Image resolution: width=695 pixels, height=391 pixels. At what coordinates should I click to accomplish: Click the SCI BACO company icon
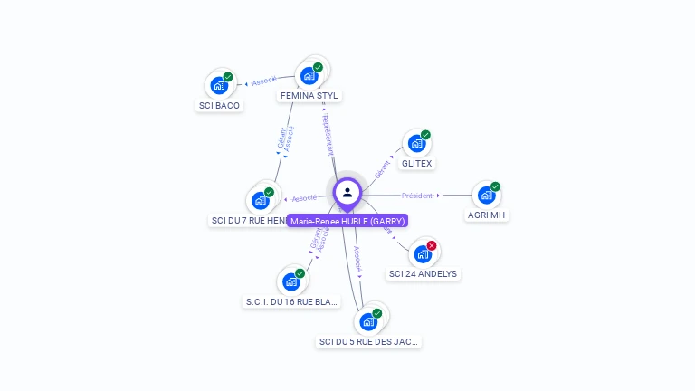218,85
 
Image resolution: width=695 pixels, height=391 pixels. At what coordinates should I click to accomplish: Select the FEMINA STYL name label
310,95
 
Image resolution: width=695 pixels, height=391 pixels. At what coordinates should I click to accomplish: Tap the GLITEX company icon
416,143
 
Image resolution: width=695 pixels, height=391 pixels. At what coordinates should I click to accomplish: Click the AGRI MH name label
486,215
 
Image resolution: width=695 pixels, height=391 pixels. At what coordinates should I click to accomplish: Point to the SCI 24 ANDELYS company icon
422,254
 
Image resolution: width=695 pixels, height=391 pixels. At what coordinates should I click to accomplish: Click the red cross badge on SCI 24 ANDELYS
432,245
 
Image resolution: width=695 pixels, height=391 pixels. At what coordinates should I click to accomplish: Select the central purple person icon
347,192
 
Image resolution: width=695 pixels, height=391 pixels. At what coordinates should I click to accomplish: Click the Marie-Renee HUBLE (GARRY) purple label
347,221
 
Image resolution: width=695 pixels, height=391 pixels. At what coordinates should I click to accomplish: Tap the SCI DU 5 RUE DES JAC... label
369,342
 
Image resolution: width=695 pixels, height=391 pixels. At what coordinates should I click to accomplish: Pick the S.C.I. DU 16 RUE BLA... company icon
290,281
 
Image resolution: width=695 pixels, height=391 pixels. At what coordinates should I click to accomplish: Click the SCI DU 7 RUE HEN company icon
260,200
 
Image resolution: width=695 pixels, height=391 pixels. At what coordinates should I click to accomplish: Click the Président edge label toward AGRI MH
417,195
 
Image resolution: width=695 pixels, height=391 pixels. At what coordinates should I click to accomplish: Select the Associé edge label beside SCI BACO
264,81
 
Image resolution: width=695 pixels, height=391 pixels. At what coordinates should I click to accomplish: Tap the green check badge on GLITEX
425,135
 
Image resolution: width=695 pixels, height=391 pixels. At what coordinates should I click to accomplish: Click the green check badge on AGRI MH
495,186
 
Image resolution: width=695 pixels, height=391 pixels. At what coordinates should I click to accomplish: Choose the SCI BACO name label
219,105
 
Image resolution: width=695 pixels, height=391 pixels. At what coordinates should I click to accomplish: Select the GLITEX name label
417,164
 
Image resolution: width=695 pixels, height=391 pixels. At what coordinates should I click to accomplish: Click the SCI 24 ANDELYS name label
423,273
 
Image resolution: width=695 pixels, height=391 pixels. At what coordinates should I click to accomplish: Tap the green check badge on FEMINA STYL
318,67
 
